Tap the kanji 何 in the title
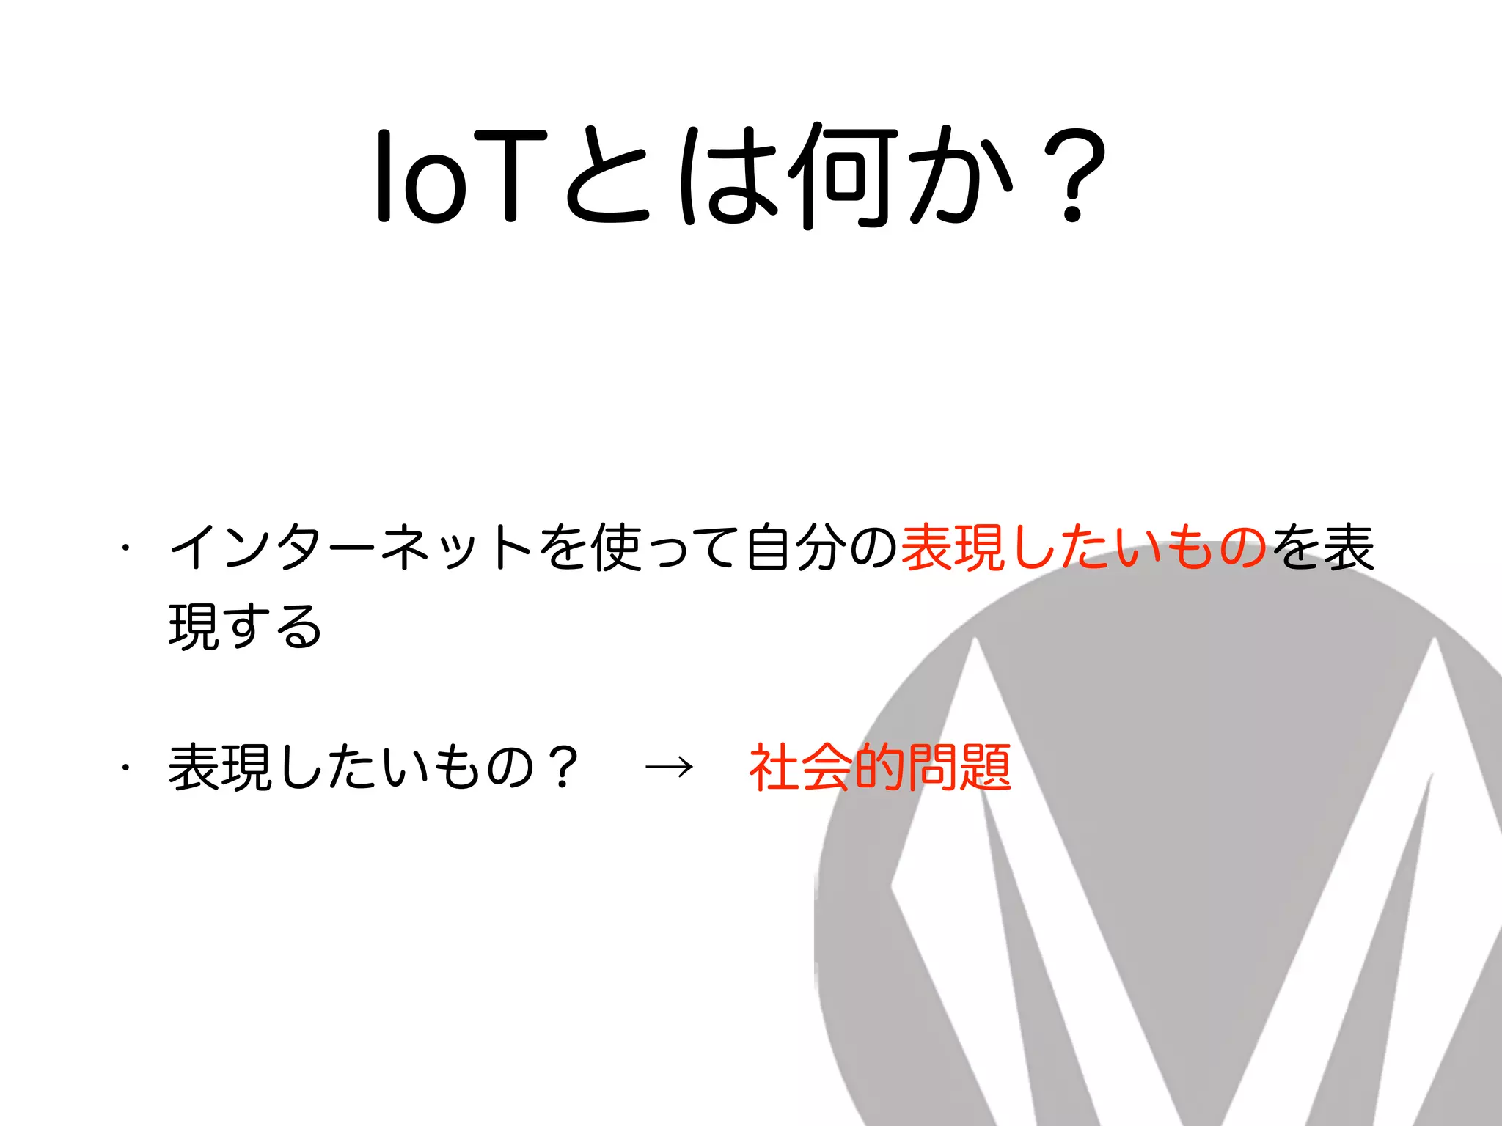pos(843,176)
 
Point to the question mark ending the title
pos(1074,177)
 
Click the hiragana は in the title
pos(726,177)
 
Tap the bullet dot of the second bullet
pos(126,768)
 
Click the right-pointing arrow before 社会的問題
pos(669,768)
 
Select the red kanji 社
pos(774,768)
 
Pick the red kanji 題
pos(986,768)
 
